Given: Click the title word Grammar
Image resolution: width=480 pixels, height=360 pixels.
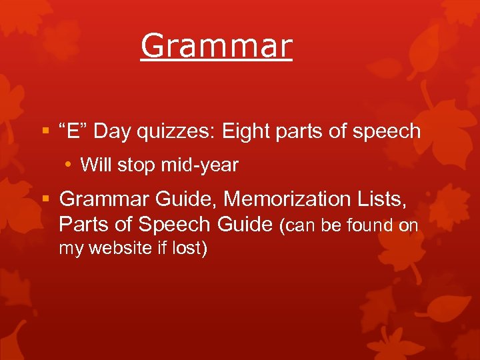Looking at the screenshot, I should click(216, 46).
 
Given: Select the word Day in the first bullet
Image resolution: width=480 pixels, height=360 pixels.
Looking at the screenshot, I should click(111, 131).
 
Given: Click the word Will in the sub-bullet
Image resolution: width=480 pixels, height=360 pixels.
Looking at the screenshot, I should click(96, 165).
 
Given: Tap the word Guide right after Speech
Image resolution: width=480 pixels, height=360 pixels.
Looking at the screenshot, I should click(245, 224).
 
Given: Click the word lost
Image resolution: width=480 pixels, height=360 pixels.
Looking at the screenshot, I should click(191, 249).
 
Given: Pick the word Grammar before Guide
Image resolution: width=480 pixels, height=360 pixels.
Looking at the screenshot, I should click(105, 199).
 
